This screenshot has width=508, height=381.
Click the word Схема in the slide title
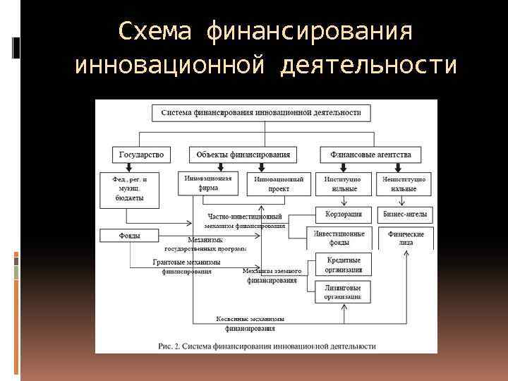(x=154, y=32)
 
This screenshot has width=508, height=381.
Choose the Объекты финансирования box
(x=243, y=154)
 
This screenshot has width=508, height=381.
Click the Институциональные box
(x=343, y=184)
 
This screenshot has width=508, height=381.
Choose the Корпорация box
(x=344, y=214)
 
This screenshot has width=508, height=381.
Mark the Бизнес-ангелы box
(x=406, y=214)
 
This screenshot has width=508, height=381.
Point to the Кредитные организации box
(x=344, y=265)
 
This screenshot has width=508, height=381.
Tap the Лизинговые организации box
(x=343, y=292)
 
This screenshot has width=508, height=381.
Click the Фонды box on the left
(x=128, y=236)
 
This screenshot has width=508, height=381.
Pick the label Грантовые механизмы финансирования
(x=187, y=266)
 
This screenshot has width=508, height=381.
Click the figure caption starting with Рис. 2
(x=266, y=346)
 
